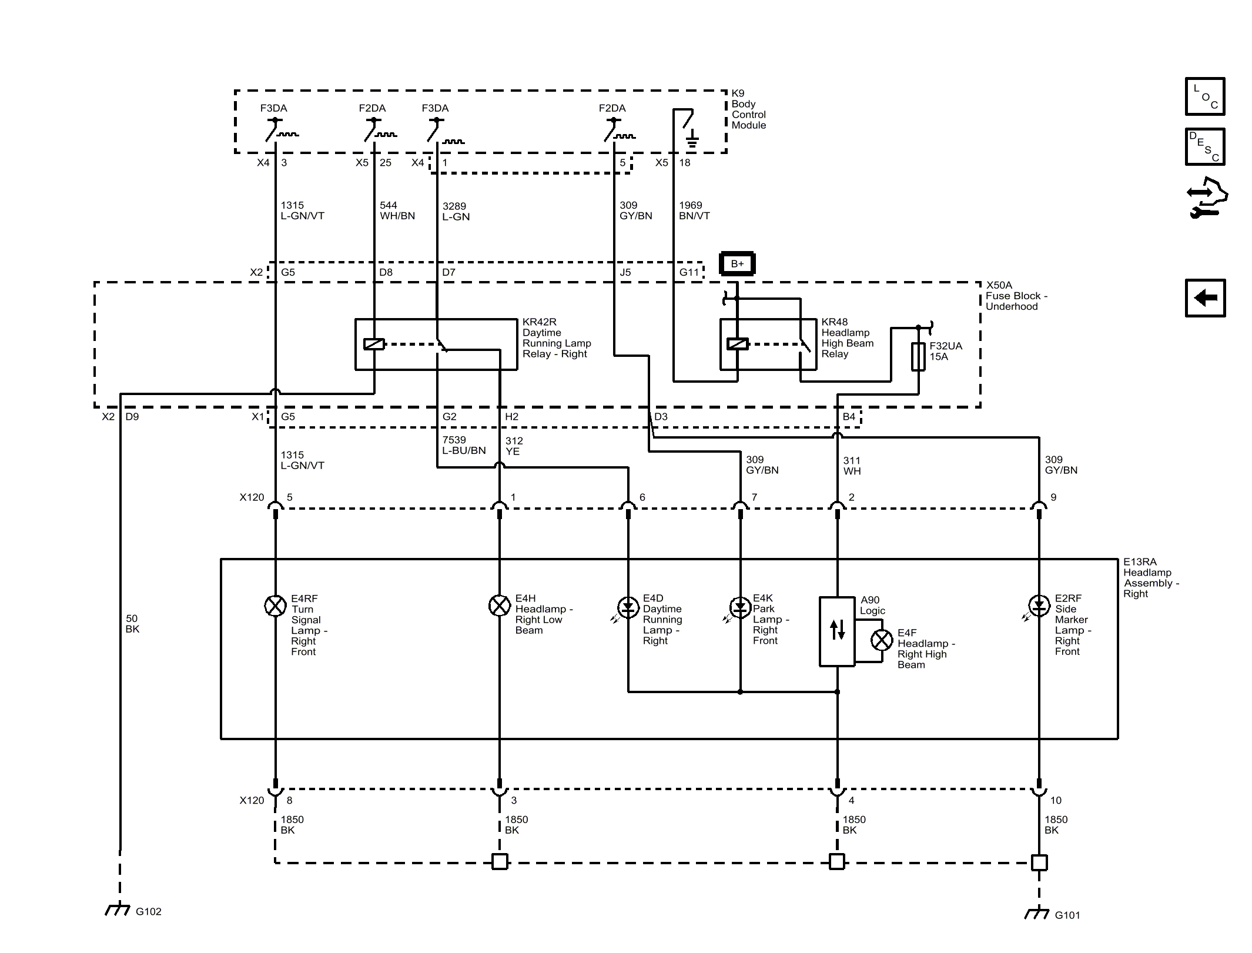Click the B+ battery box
point(737,264)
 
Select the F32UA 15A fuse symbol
point(918,356)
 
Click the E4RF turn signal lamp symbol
point(275,606)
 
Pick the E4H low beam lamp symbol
point(500,606)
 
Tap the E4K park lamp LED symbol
point(739,607)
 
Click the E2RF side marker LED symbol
point(1038,606)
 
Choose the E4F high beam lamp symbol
point(882,640)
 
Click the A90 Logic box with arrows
point(837,631)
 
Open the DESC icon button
point(1205,146)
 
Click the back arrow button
point(1205,298)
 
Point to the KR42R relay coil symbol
point(374,345)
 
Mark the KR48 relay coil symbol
point(738,344)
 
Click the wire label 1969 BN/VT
point(694,210)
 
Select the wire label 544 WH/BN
point(397,210)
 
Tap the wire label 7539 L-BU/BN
point(464,445)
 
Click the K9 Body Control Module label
point(748,109)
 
